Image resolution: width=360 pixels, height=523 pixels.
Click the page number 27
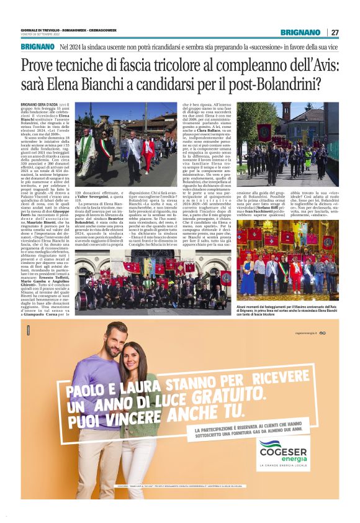tap(335, 32)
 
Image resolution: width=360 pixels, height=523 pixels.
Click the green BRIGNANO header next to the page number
tap(300, 32)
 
